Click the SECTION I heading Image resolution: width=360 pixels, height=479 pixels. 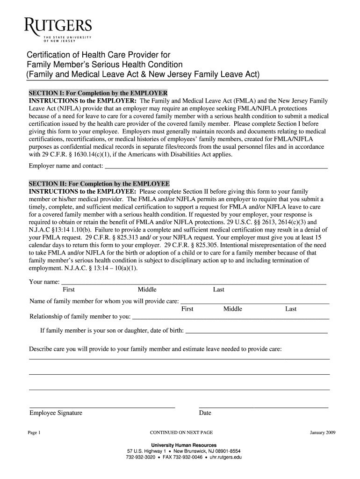point(98,92)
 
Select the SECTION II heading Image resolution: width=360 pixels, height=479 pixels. point(100,183)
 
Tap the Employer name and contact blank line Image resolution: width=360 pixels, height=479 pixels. point(216,167)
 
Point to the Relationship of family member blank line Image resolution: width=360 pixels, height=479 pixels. point(231,318)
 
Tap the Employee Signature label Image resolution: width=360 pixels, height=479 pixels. point(56,413)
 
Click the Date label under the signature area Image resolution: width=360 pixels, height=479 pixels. point(205,413)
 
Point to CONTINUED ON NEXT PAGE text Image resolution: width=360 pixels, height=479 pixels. point(181,433)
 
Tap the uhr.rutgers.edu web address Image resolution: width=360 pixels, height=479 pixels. point(225,457)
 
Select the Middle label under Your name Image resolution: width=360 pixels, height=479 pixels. point(147,290)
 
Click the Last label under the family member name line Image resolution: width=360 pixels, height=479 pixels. point(291,309)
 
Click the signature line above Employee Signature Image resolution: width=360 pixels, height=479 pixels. point(102,407)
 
